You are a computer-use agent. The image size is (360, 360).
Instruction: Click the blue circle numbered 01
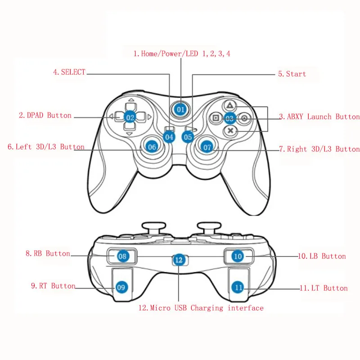pyautogui.click(x=180, y=109)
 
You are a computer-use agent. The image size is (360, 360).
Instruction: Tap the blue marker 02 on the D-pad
pyautogui.click(x=130, y=117)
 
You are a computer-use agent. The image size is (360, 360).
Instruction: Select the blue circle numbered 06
pyautogui.click(x=152, y=146)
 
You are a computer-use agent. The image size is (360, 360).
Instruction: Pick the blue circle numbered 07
pyautogui.click(x=207, y=147)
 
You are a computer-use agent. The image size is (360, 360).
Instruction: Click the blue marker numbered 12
pyautogui.click(x=179, y=259)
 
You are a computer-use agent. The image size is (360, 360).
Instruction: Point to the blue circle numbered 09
pyautogui.click(x=121, y=287)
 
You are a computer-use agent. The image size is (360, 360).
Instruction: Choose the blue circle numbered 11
pyautogui.click(x=238, y=287)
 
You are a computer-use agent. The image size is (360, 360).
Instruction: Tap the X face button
pyautogui.click(x=230, y=130)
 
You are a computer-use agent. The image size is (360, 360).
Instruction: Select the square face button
pyautogui.click(x=216, y=118)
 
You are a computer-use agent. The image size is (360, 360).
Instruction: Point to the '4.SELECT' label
pyautogui.click(x=69, y=72)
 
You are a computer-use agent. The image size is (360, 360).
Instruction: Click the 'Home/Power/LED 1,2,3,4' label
pyautogui.click(x=182, y=54)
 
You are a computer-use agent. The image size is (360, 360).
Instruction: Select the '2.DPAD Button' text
pyautogui.click(x=45, y=115)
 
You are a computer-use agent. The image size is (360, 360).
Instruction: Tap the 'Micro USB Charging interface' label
pyautogui.click(x=201, y=308)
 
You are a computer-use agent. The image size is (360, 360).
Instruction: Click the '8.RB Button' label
pyautogui.click(x=48, y=253)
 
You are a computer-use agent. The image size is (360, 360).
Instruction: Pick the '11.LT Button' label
pyautogui.click(x=324, y=288)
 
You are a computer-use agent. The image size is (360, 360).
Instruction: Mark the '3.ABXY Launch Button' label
pyautogui.click(x=319, y=117)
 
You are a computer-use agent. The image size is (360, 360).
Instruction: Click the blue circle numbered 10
pyautogui.click(x=238, y=256)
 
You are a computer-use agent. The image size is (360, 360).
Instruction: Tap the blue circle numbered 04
pyautogui.click(x=169, y=136)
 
